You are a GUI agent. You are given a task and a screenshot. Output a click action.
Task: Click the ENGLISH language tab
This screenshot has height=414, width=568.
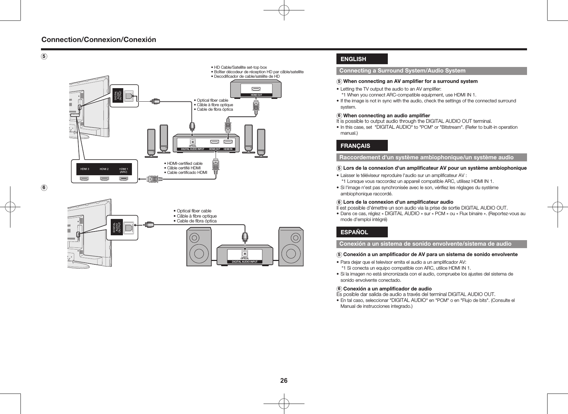(x=361, y=59)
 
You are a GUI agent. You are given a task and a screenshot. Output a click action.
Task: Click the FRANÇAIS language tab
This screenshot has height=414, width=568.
(x=361, y=146)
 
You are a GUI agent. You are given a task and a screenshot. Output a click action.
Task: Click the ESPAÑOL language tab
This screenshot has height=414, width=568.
(x=361, y=232)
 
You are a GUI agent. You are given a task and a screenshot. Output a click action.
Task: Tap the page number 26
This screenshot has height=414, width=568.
(x=284, y=381)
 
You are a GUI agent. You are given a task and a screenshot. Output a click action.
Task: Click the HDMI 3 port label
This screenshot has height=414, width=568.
(x=85, y=169)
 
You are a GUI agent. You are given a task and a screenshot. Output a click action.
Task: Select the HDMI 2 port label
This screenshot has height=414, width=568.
(x=104, y=169)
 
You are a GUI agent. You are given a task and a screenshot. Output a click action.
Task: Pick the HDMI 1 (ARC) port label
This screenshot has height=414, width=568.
(x=124, y=170)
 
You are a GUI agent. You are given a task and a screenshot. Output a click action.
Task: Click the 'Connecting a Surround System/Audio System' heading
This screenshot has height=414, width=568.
(x=402, y=71)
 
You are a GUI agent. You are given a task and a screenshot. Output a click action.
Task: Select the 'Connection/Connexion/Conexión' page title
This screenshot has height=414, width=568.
(x=99, y=40)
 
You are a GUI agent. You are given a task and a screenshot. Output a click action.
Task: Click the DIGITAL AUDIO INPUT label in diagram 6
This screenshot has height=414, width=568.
(x=245, y=262)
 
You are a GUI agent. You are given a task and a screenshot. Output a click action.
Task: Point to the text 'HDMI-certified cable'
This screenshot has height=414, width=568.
(x=185, y=163)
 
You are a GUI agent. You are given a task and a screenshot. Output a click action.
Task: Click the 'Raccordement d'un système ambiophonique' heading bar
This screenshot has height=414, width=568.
(x=426, y=158)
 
